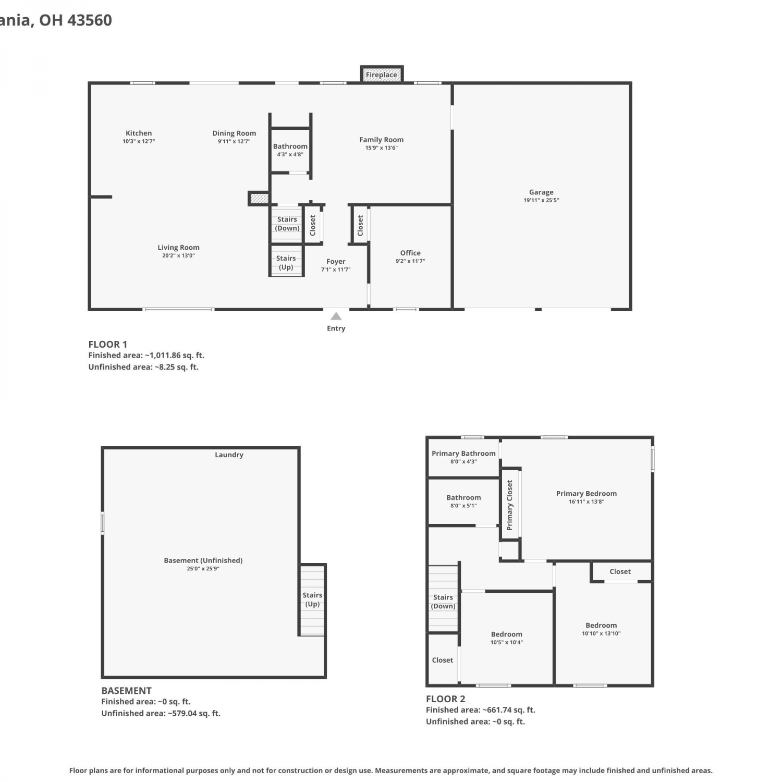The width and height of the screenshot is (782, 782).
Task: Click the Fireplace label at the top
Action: point(381,75)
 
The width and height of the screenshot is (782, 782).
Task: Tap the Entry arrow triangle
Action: point(336,316)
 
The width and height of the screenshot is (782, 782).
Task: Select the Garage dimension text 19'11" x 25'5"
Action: point(541,200)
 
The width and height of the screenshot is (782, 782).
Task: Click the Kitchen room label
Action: point(139,133)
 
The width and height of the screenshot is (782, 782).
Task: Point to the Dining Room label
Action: point(234,133)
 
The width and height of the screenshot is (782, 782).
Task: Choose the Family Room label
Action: point(381,140)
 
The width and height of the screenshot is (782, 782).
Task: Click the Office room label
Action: point(410,253)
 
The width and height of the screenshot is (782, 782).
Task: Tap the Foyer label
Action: point(336,262)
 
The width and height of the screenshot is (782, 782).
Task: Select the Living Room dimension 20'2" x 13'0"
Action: point(178,255)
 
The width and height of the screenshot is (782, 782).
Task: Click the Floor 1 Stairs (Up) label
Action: point(286,263)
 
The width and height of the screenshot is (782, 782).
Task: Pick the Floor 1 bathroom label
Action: point(290,146)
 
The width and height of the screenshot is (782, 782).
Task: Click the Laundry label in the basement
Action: point(229,455)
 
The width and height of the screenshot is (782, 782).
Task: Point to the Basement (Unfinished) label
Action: point(203,560)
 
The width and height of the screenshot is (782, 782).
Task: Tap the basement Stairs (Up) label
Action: point(312,600)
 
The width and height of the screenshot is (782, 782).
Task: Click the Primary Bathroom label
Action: point(463,454)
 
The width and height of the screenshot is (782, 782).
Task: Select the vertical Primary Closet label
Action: point(510,505)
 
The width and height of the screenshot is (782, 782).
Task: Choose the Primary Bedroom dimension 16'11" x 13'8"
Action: point(586,502)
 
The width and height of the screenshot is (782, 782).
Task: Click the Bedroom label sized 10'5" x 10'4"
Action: point(506,634)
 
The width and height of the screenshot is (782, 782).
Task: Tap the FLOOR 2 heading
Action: point(446,699)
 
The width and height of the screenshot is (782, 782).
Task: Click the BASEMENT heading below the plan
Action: point(127,691)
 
